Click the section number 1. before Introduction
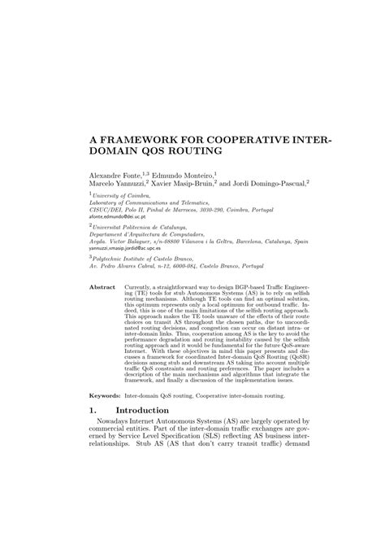93,479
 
